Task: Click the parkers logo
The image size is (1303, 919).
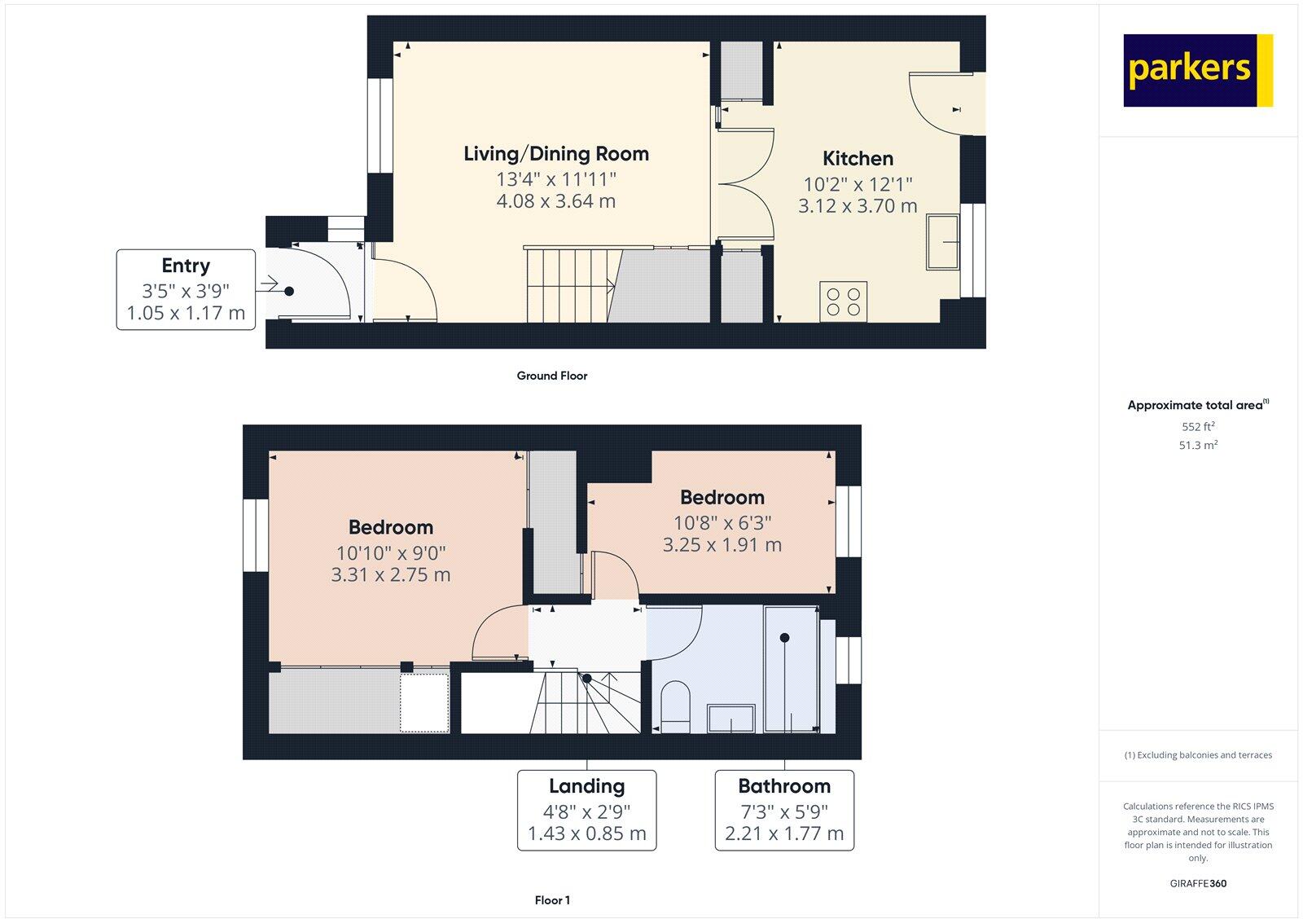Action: (1197, 70)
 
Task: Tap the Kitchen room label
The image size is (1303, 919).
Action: (858, 159)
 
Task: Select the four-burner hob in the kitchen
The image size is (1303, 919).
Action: (843, 301)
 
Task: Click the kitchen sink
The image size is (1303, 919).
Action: (942, 242)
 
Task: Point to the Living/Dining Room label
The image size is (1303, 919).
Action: (556, 154)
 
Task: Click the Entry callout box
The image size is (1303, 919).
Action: (186, 289)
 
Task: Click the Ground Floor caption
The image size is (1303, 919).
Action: (551, 376)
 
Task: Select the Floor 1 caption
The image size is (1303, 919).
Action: (552, 900)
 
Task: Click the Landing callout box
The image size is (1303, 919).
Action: (586, 810)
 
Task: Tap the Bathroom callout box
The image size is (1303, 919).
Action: (784, 810)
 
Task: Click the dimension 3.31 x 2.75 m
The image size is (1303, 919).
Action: (391, 575)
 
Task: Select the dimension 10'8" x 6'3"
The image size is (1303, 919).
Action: (722, 522)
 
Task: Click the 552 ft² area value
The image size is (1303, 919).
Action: (1198, 427)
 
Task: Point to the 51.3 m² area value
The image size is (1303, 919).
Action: (1198, 446)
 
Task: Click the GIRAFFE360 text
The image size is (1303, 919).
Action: (1198, 883)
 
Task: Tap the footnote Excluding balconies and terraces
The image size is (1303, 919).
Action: (1198, 755)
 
